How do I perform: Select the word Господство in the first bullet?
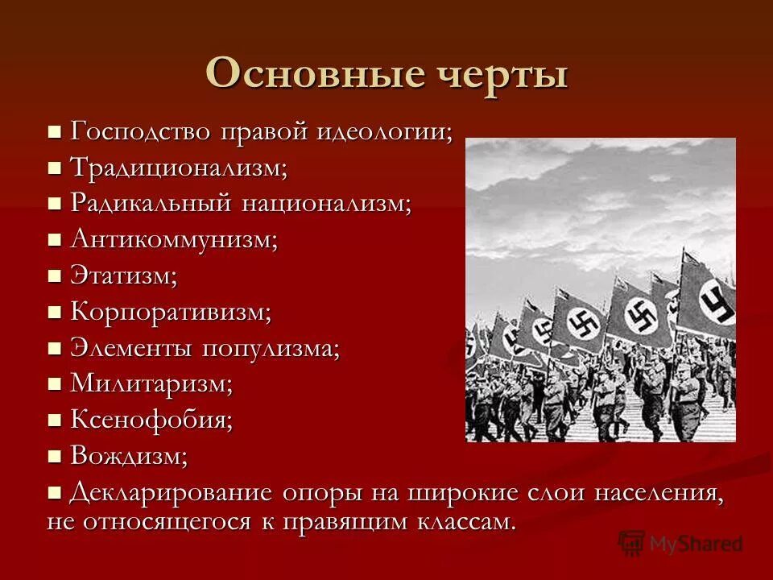pyautogui.click(x=141, y=130)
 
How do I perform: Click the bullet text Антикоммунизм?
pyautogui.click(x=173, y=239)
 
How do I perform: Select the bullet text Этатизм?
pyautogui.click(x=123, y=275)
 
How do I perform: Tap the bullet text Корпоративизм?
pyautogui.click(x=171, y=312)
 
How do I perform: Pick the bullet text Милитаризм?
pyautogui.click(x=151, y=384)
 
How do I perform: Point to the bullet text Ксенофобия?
pyautogui.click(x=151, y=420)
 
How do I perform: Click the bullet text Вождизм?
pyautogui.click(x=129, y=456)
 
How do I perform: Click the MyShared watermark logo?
pyautogui.click(x=680, y=543)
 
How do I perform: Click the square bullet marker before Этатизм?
pyautogui.click(x=55, y=276)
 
